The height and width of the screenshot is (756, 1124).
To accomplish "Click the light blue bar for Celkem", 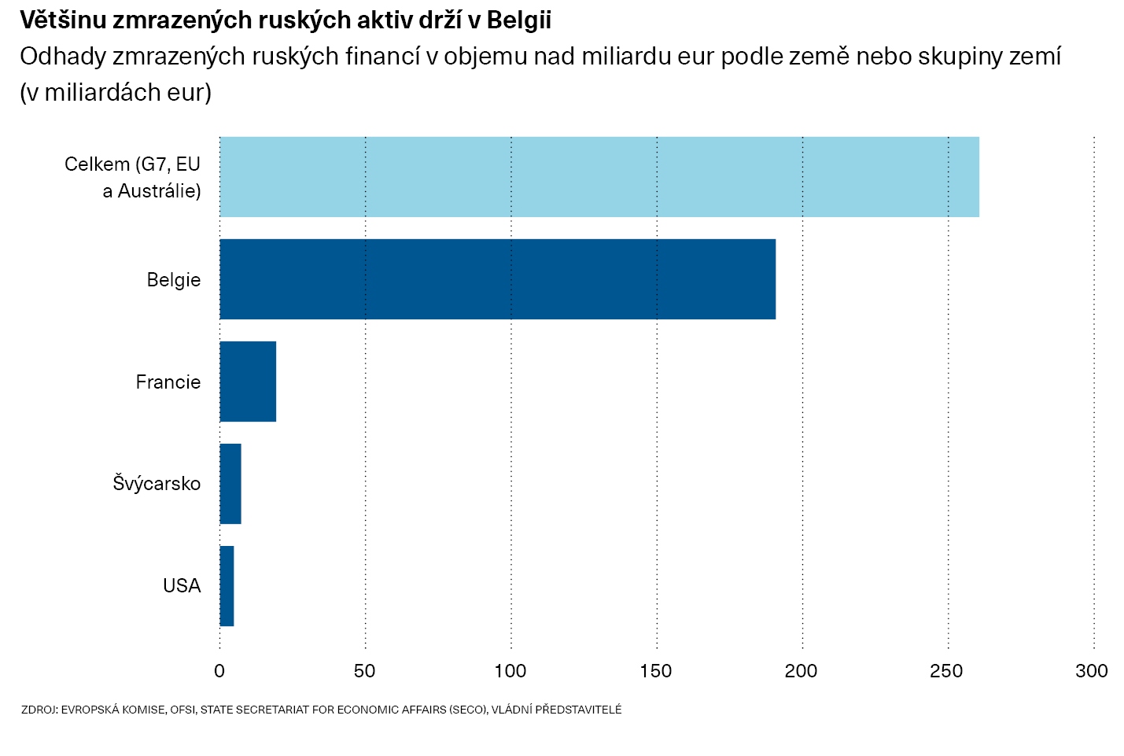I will (599, 177).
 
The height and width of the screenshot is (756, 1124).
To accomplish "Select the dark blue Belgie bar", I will (497, 279).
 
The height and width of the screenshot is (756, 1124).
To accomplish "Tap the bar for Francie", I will (248, 382).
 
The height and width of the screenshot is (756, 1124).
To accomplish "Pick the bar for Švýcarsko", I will (230, 484).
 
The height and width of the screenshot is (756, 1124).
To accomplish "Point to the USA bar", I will (227, 586).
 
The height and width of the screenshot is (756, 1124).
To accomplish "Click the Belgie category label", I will (174, 280).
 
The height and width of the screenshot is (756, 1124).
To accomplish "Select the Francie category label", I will (168, 382).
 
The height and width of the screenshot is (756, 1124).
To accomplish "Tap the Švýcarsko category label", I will (157, 484).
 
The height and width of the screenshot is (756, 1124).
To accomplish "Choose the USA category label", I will (182, 586).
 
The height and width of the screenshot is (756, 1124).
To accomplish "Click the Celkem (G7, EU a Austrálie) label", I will (134, 177).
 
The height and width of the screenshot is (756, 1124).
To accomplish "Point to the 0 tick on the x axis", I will (219, 671).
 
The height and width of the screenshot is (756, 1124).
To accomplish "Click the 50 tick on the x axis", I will (365, 671).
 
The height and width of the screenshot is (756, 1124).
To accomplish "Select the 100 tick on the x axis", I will (510, 671).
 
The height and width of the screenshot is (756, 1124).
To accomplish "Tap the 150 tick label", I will (656, 671).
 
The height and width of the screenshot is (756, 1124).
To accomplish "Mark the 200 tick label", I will (802, 671).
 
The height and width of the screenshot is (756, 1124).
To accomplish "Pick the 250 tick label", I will (947, 671).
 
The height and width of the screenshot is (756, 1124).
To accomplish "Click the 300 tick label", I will (1093, 671).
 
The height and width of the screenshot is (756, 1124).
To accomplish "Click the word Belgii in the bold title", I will (519, 20).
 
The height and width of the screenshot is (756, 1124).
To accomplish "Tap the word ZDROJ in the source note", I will (39, 710).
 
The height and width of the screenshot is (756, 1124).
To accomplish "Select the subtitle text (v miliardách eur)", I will (116, 93).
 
